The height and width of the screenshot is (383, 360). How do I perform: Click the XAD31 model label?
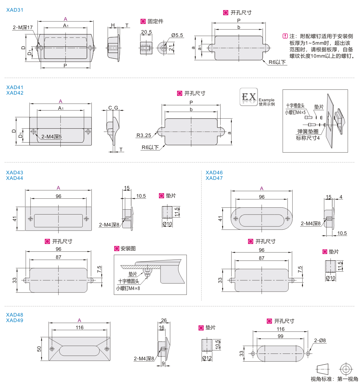click(x=15, y=10)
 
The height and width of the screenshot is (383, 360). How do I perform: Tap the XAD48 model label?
click(x=15, y=315)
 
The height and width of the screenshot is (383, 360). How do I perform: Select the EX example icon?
click(x=249, y=97)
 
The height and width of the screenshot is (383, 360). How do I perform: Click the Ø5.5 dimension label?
click(x=177, y=35)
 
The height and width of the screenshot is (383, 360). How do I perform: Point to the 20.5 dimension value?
click(x=146, y=32)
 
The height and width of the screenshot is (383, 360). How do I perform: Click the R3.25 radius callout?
click(x=144, y=135)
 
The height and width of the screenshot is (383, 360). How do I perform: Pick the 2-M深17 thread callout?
click(x=23, y=28)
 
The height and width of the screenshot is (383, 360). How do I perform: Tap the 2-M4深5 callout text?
click(x=51, y=137)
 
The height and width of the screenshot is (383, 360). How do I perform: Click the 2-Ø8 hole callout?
click(x=320, y=341)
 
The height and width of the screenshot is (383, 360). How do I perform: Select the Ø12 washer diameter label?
click(x=207, y=358)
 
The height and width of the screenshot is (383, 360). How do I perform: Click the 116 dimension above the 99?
click(x=281, y=329)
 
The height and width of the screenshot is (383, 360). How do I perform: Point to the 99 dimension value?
click(x=281, y=336)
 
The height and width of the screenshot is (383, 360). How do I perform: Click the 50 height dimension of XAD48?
click(x=39, y=349)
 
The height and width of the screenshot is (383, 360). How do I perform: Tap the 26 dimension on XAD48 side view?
click(x=164, y=320)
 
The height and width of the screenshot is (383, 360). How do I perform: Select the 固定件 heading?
click(x=155, y=21)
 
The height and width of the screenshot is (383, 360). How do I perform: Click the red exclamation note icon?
click(x=285, y=36)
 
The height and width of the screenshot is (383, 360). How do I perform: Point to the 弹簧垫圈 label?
click(x=308, y=132)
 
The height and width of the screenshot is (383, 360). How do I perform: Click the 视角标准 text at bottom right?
click(x=321, y=379)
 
